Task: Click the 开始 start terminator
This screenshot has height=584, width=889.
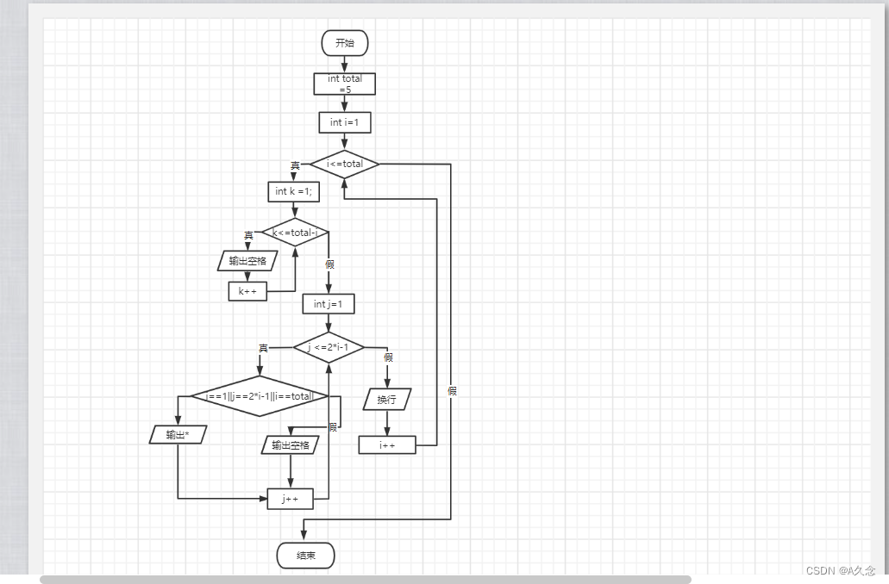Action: click(345, 43)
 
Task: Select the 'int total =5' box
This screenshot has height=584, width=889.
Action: click(345, 84)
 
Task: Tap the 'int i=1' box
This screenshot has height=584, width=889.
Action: click(345, 123)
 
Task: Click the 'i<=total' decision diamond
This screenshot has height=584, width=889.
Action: click(345, 164)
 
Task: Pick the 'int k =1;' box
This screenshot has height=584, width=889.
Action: click(293, 191)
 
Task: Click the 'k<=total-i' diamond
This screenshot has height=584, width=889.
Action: click(295, 233)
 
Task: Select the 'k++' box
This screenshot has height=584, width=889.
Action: click(247, 292)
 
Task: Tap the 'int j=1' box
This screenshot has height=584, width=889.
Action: click(328, 304)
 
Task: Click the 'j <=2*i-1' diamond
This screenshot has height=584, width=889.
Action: click(329, 347)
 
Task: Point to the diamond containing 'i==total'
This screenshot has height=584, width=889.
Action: click(260, 396)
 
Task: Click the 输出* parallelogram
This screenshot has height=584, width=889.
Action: click(177, 435)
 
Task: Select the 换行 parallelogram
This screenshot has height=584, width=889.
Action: click(386, 401)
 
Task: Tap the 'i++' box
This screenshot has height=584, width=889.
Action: click(387, 444)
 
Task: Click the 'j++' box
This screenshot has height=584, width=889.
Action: click(290, 499)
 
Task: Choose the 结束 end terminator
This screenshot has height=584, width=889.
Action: click(305, 556)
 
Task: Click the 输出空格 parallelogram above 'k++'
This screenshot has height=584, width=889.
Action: click(247, 261)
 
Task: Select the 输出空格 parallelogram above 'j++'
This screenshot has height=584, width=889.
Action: click(290, 445)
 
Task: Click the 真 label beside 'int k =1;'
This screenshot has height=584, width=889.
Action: click(295, 165)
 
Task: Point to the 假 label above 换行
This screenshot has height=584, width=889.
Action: click(388, 357)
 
